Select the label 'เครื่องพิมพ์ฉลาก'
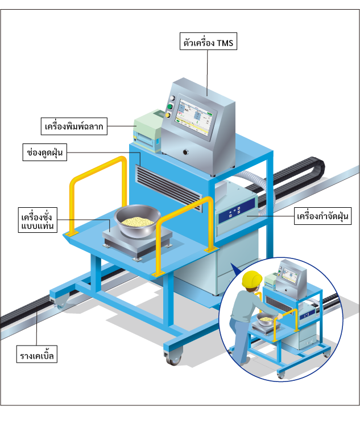click(74, 126)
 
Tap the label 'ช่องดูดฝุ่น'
click(45, 153)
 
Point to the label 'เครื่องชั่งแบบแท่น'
click(38, 220)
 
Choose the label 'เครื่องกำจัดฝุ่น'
click(322, 216)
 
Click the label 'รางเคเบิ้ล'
click(37, 354)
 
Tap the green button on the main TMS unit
click(169, 106)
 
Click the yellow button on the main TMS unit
click(168, 115)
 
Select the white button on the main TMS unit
click(172, 98)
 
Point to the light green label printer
click(148, 130)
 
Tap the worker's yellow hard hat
click(252, 279)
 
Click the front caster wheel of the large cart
click(173, 358)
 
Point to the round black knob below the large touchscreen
click(185, 153)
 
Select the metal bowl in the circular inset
click(266, 319)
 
